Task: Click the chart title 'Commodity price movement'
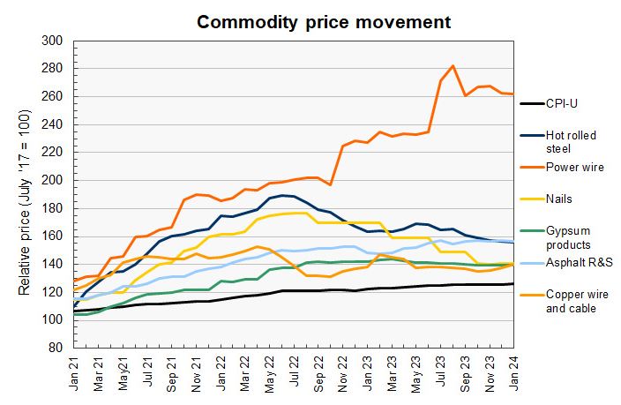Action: (324, 20)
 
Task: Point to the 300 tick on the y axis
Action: (52, 41)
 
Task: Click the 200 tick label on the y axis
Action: (52, 180)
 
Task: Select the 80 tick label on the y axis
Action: (56, 348)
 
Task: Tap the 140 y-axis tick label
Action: (52, 264)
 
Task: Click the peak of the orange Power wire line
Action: (453, 65)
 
